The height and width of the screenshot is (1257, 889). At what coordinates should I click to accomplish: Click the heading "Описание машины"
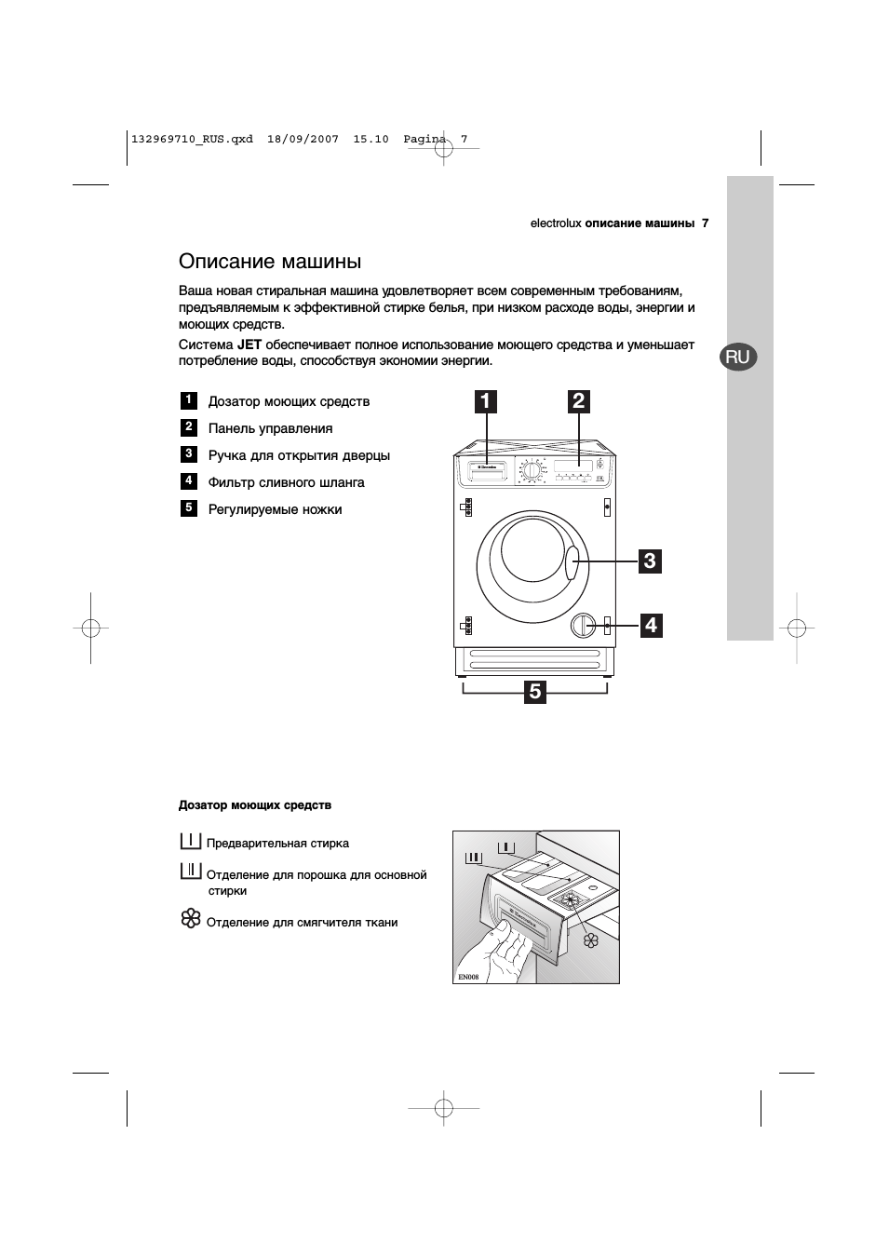coord(270,262)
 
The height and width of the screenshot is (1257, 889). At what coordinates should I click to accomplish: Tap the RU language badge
coord(737,357)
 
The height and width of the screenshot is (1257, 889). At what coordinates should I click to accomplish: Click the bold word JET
coord(249,345)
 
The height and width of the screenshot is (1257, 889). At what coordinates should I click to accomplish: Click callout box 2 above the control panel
coord(579,401)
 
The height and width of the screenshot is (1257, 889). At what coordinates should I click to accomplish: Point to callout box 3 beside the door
coord(650,561)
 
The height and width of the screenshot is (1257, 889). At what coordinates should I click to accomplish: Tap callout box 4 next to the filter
coord(650,625)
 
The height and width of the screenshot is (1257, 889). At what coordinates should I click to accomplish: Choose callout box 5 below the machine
coord(534,691)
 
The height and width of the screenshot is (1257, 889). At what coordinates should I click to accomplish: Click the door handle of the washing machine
coord(572,562)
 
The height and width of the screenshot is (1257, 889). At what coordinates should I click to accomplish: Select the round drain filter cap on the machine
coord(584,625)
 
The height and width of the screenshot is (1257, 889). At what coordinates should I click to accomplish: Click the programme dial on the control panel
coord(531,470)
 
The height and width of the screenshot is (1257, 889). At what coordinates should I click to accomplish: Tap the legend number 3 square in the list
coord(189,454)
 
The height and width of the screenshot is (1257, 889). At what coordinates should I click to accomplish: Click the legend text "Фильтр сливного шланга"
coord(286,482)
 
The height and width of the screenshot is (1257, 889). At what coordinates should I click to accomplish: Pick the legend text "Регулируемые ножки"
coord(275,509)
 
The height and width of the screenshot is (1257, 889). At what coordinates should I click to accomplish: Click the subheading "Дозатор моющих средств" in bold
coord(255,805)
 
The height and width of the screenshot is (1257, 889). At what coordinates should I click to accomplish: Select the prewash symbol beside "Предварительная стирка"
coord(190,841)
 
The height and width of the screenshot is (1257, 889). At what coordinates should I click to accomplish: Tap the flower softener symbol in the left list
coord(190,920)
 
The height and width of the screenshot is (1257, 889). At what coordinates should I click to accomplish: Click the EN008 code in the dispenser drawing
coord(468,977)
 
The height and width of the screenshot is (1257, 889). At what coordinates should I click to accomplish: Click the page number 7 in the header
coord(706,223)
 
